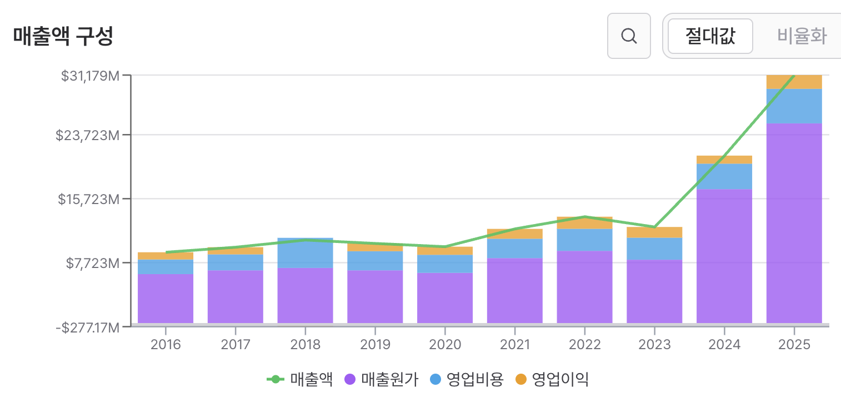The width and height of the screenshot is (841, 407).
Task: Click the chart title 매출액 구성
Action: tap(63, 36)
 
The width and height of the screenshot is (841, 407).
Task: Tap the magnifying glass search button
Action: tap(629, 36)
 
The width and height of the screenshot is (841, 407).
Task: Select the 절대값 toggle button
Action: tap(710, 36)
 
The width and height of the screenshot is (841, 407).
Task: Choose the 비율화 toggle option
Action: tap(802, 36)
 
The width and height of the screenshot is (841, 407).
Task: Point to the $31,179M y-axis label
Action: tap(90, 76)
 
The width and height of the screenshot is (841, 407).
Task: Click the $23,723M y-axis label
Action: tap(87, 135)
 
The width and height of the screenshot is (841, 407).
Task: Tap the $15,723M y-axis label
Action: tap(89, 199)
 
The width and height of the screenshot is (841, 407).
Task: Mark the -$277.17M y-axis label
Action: tap(87, 327)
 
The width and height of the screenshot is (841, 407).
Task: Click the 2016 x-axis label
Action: tap(166, 344)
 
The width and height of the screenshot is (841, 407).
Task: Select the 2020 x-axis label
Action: tap(445, 344)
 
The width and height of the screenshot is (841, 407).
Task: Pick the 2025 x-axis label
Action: tap(794, 344)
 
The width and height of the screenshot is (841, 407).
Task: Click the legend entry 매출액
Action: tap(299, 379)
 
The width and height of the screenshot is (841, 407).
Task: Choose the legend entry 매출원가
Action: tap(381, 379)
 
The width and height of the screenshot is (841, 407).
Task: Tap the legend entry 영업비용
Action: tap(467, 379)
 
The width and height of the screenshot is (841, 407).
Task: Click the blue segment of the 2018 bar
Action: tap(306, 252)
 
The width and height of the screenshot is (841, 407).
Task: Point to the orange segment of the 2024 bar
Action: tap(724, 160)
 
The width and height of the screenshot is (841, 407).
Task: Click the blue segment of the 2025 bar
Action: tap(794, 106)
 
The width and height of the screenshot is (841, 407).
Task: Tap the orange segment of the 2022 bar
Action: tap(584, 223)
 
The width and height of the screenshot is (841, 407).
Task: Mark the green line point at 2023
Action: tap(654, 227)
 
